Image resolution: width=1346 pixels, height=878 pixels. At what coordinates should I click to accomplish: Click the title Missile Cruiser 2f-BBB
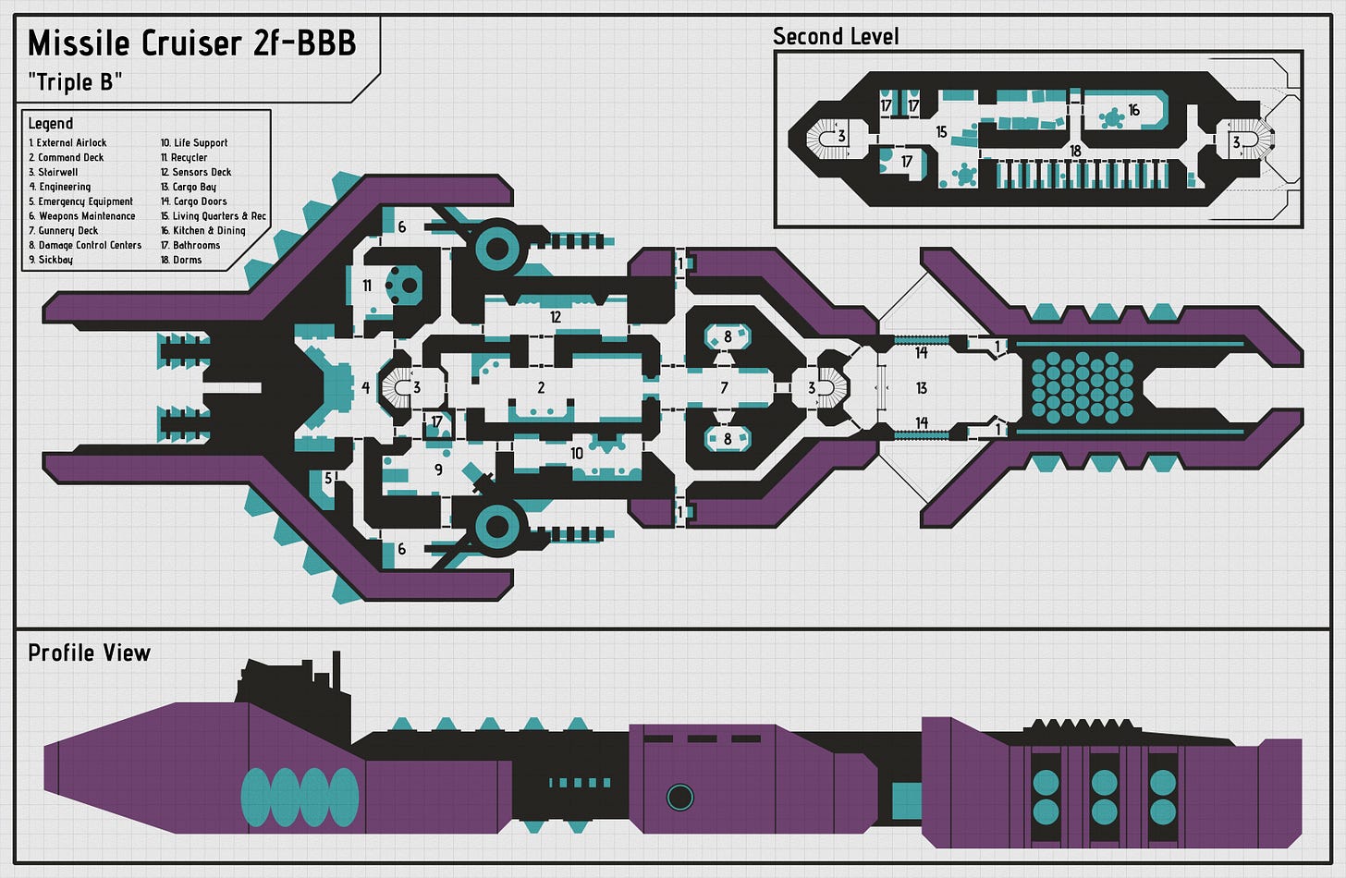[x=192, y=43]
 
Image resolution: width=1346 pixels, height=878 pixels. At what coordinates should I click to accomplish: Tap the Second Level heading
[x=835, y=37]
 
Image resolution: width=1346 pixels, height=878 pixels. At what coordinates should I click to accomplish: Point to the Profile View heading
[x=89, y=653]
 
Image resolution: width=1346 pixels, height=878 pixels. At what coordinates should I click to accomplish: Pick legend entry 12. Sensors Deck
[x=196, y=172]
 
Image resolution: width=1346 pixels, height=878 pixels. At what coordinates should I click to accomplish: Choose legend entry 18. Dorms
[x=181, y=260]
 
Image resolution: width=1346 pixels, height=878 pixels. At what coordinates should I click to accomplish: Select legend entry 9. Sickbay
[x=51, y=260]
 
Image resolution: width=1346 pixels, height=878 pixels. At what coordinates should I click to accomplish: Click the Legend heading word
[x=50, y=123]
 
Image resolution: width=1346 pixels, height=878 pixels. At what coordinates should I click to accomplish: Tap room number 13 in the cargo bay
[x=921, y=388]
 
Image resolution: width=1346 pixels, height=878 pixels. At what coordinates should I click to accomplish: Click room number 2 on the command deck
[x=541, y=388]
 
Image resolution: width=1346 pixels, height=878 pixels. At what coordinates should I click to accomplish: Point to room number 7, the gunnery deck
[x=724, y=388]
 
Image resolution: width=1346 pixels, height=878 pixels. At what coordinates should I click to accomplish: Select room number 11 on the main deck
[x=367, y=286]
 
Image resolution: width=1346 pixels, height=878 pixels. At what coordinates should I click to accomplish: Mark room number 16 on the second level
[x=1133, y=110]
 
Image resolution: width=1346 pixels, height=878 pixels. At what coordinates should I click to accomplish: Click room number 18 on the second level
[x=1075, y=151]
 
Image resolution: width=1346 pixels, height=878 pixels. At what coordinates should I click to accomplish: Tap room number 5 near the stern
[x=328, y=478]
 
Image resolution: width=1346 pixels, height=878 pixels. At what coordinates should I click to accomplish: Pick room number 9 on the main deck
[x=438, y=469]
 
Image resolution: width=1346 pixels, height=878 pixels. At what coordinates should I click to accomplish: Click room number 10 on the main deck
[x=577, y=453]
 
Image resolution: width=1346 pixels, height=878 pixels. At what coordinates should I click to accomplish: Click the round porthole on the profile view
[x=679, y=796]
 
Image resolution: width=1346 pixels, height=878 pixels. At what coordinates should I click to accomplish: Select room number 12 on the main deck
[x=556, y=317]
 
